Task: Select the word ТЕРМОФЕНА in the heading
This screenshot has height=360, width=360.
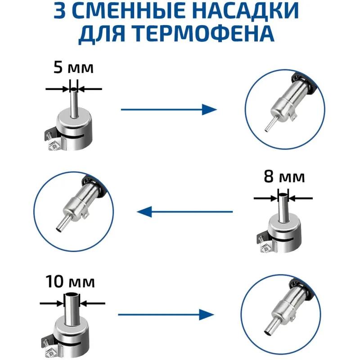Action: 204,33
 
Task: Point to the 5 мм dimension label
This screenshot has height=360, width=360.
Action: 73,67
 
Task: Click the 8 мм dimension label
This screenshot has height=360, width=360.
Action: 284,177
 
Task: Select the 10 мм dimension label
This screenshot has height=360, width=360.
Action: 70,282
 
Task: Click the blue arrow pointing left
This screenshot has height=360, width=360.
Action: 185,211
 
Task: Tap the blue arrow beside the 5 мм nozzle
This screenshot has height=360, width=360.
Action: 169,109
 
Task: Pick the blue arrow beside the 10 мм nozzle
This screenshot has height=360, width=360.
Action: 166,315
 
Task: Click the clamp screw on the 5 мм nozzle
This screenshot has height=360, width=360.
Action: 53,145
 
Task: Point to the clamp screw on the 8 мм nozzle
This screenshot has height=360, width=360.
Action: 265,248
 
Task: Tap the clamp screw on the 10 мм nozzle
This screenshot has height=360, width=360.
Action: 50,350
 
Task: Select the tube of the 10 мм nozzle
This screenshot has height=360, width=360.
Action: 72,309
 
